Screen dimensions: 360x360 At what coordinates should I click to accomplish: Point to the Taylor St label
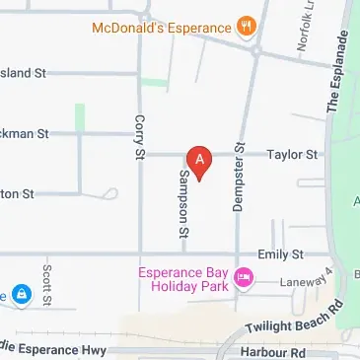[296, 155]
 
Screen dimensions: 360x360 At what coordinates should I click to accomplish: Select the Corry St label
[139, 137]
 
